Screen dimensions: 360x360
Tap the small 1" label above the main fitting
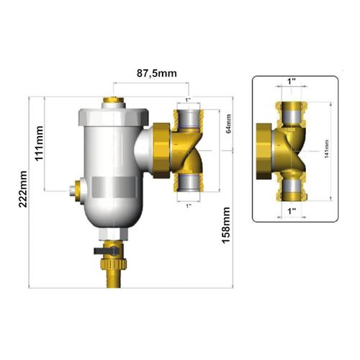(x=188, y=99)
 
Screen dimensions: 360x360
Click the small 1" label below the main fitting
(x=188, y=206)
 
